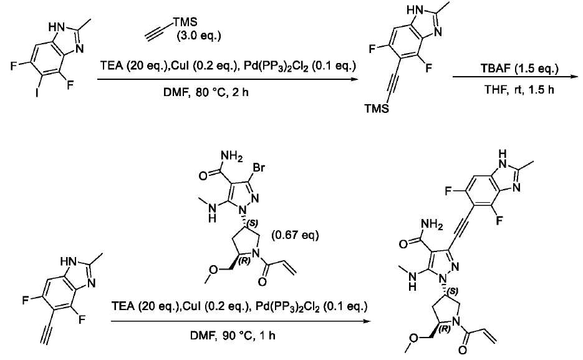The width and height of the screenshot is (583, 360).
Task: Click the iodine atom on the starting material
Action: [x=37, y=92]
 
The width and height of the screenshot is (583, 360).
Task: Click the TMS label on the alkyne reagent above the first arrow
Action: [x=185, y=22]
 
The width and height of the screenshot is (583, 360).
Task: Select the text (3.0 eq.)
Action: [x=198, y=36]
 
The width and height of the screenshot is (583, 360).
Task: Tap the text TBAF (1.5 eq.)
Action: [x=519, y=69]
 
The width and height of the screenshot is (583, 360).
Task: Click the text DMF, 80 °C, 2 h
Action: [x=206, y=92]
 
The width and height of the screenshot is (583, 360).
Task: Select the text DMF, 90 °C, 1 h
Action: [x=233, y=336]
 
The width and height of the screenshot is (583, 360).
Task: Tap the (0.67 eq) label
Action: [x=295, y=235]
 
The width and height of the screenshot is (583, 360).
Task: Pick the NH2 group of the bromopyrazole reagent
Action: [x=231, y=156]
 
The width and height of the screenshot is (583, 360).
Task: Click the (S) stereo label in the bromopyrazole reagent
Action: [x=253, y=222]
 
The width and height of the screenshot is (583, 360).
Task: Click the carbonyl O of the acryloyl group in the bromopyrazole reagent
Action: [x=262, y=282]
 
